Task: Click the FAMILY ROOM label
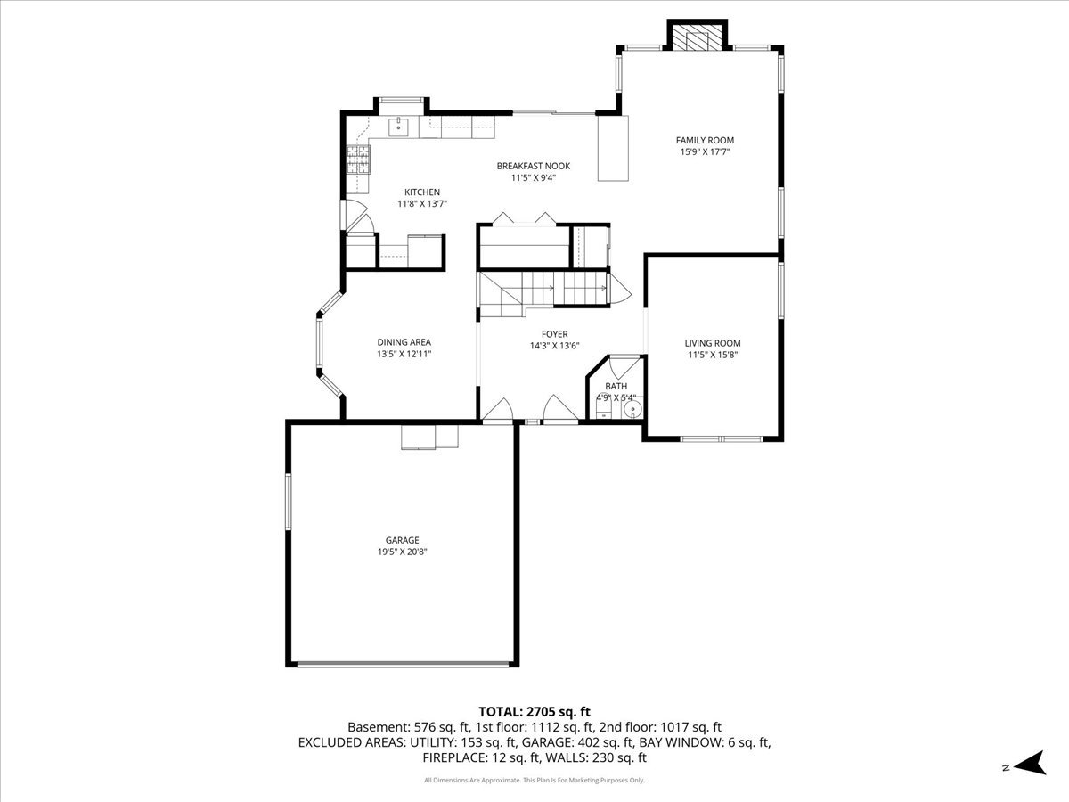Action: pyautogui.click(x=705, y=140)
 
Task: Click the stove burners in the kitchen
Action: pyautogui.click(x=358, y=160)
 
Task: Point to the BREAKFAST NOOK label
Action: pyautogui.click(x=534, y=166)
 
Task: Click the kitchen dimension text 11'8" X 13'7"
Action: pyautogui.click(x=422, y=203)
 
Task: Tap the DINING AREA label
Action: pyautogui.click(x=404, y=342)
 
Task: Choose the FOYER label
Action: pyautogui.click(x=555, y=334)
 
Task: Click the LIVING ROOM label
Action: pyautogui.click(x=713, y=343)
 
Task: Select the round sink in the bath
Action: pyautogui.click(x=632, y=410)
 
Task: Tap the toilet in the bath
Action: pyautogui.click(x=604, y=408)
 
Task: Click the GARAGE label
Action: pyautogui.click(x=403, y=540)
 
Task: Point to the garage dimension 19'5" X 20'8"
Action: pyautogui.click(x=403, y=552)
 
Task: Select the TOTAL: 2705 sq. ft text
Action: pyautogui.click(x=534, y=712)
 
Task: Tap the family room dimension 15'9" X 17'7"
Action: pyautogui.click(x=705, y=151)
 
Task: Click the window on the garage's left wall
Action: pyautogui.click(x=289, y=502)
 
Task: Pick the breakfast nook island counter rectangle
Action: pyautogui.click(x=613, y=148)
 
